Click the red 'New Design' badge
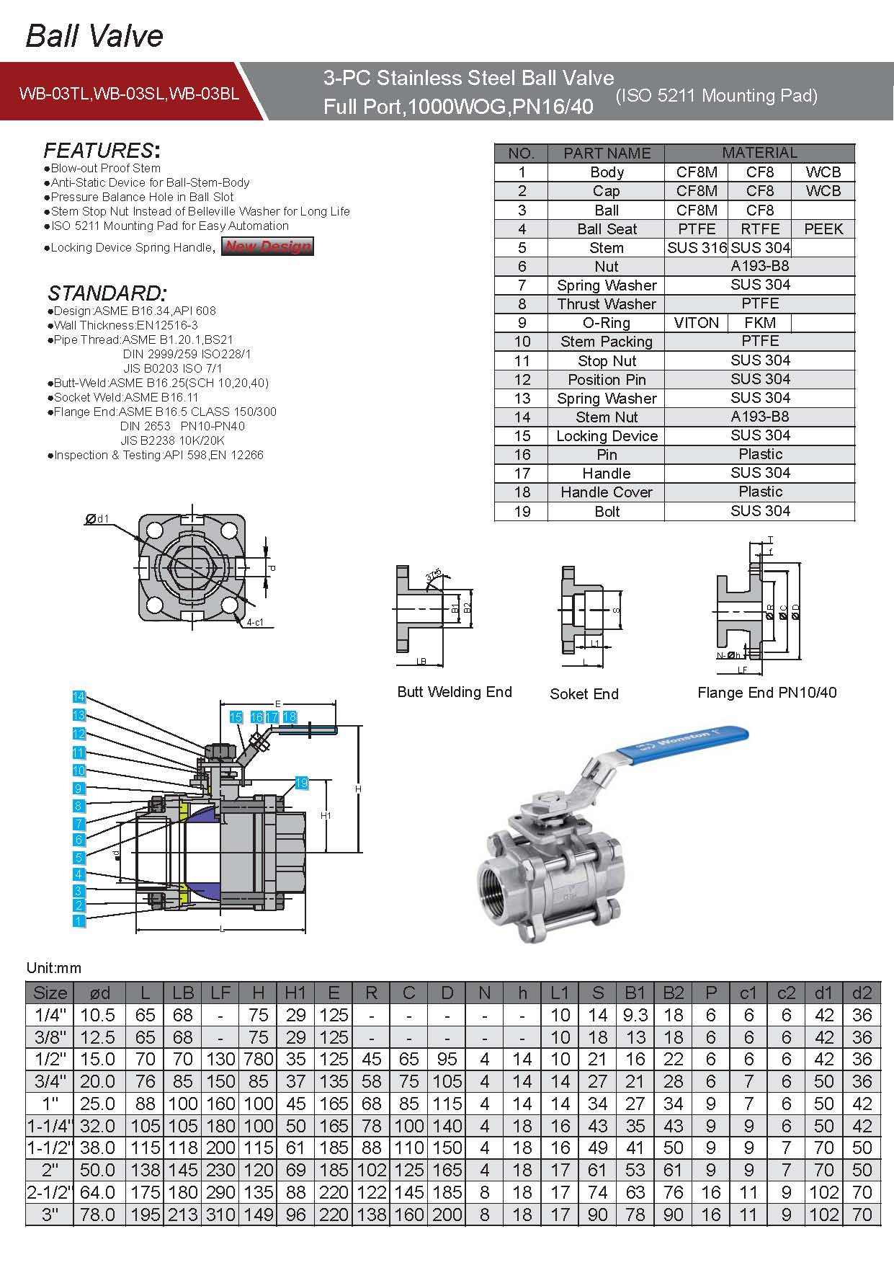pyautogui.click(x=267, y=247)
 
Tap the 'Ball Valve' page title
pyautogui.click(x=94, y=35)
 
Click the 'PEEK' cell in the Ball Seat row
pyautogui.click(x=823, y=229)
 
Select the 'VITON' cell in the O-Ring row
pyautogui.click(x=696, y=323)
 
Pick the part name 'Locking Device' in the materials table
pyautogui.click(x=607, y=436)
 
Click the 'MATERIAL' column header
pyautogui.click(x=759, y=153)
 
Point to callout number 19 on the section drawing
pyautogui.click(x=301, y=783)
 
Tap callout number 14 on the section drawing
pyautogui.click(x=79, y=696)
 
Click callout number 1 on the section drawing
pyautogui.click(x=79, y=920)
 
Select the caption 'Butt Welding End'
pyautogui.click(x=455, y=692)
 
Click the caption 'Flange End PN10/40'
pyautogui.click(x=766, y=693)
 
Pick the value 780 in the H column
pyautogui.click(x=259, y=1060)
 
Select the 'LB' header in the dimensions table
pyautogui.click(x=183, y=993)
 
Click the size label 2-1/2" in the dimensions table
pyautogui.click(x=50, y=1193)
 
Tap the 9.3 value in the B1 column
pyautogui.click(x=635, y=1016)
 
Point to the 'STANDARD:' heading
pyautogui.click(x=107, y=293)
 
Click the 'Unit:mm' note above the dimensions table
pyautogui.click(x=54, y=968)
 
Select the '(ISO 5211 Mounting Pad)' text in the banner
pyautogui.click(x=716, y=95)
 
